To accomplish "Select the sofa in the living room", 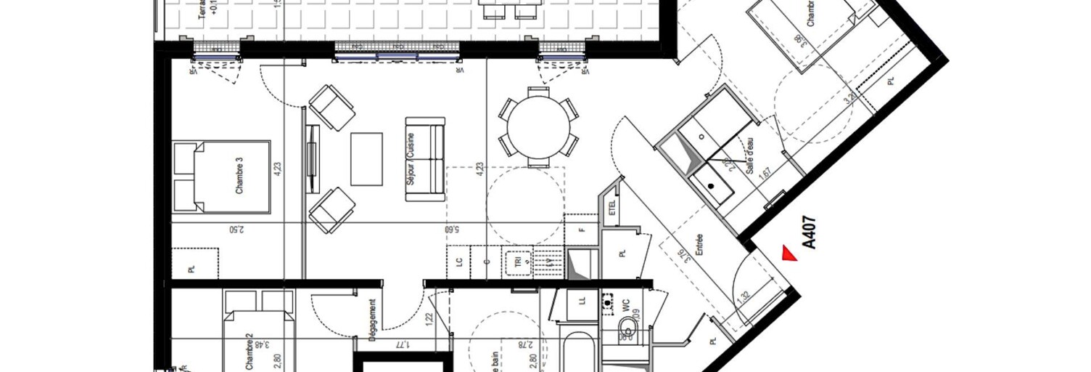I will coord(425,158).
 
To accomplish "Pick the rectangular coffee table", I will coord(366,158).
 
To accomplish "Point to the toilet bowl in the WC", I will coord(625,331).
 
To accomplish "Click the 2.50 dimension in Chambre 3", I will coord(236,230).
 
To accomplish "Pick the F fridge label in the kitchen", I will coord(581,230).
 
